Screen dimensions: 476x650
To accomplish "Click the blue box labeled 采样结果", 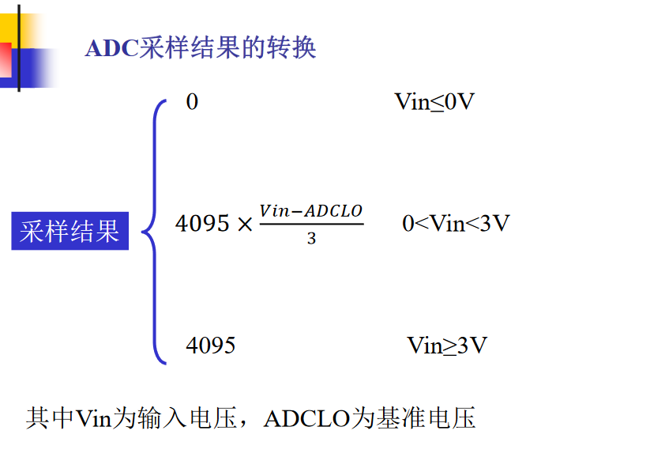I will tap(70, 231).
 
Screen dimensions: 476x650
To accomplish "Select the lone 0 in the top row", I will tap(192, 102).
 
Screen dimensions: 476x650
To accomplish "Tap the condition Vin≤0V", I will tap(434, 102).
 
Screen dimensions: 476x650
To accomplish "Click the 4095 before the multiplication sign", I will tap(202, 224).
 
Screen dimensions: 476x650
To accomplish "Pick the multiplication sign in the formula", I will tap(245, 225).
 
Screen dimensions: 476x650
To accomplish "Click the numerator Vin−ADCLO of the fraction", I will tap(310, 211).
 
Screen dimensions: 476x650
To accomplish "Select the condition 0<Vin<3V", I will tap(456, 224).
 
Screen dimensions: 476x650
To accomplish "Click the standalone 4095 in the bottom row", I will tap(210, 346).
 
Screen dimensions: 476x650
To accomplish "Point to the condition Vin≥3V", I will tap(447, 346).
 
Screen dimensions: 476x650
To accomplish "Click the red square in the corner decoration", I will tap(5, 60).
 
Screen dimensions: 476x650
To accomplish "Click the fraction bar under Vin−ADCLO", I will tap(310, 225).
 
